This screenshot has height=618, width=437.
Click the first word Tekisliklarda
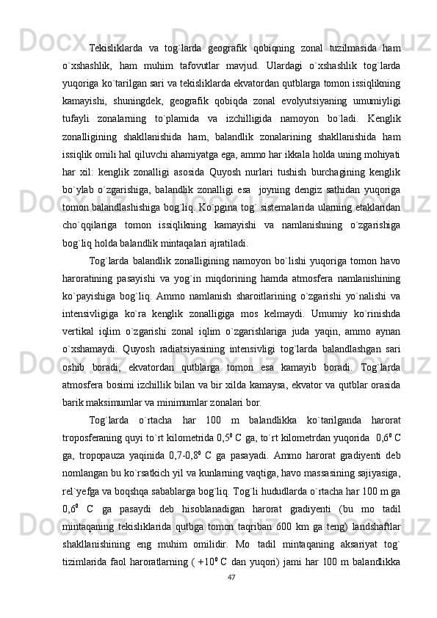(x=116, y=48)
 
